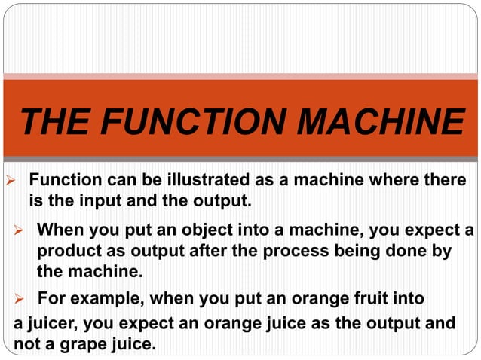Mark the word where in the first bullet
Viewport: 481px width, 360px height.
(x=400, y=182)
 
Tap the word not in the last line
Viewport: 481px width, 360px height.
(x=27, y=345)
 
